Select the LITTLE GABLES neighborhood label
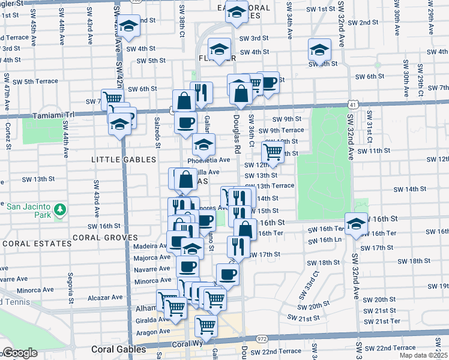[x=124, y=159]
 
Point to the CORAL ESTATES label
[x=36, y=244]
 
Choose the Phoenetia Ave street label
[x=209, y=160]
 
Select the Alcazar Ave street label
[x=105, y=297]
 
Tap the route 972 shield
[x=263, y=339]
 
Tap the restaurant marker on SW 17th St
[x=238, y=246]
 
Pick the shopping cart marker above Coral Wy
[x=206, y=327]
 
